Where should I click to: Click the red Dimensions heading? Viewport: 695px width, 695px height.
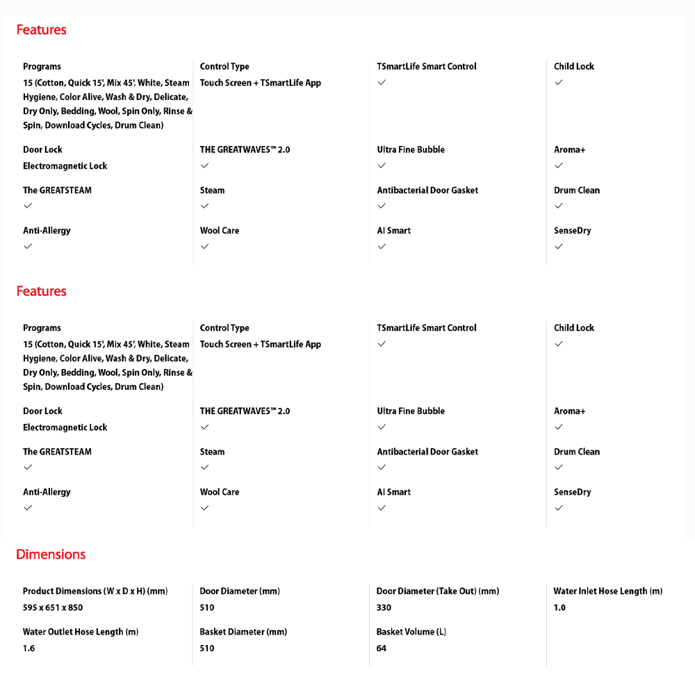point(51,554)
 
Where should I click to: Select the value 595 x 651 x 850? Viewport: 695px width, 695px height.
point(53,607)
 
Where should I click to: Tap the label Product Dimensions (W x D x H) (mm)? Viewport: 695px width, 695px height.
point(95,591)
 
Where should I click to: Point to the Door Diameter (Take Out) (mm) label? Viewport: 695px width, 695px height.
point(438,591)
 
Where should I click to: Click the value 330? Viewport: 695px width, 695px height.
point(384,607)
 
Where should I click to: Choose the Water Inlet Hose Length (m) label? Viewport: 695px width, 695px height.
point(607,591)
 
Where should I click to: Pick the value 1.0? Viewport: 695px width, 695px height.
point(559,607)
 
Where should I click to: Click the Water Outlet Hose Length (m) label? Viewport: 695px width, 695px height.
point(81,632)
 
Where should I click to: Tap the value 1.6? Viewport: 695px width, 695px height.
point(28,648)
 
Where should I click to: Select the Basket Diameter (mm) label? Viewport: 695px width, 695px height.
point(243,632)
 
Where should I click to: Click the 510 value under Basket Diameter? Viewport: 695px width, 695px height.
point(207,648)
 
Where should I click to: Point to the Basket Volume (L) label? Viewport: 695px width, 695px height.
point(411,632)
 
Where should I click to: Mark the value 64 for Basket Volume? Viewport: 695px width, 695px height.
point(382,648)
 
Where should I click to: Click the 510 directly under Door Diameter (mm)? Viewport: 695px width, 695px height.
point(207,607)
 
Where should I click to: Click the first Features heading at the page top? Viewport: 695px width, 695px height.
point(41,30)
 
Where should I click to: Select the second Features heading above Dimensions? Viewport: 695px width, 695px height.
point(41,291)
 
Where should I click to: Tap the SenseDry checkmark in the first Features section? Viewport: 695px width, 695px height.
point(559,246)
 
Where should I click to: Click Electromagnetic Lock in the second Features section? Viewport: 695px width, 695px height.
point(65,427)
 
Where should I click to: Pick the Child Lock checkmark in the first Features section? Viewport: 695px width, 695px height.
point(559,82)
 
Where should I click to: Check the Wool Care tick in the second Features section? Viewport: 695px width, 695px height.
point(204,507)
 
